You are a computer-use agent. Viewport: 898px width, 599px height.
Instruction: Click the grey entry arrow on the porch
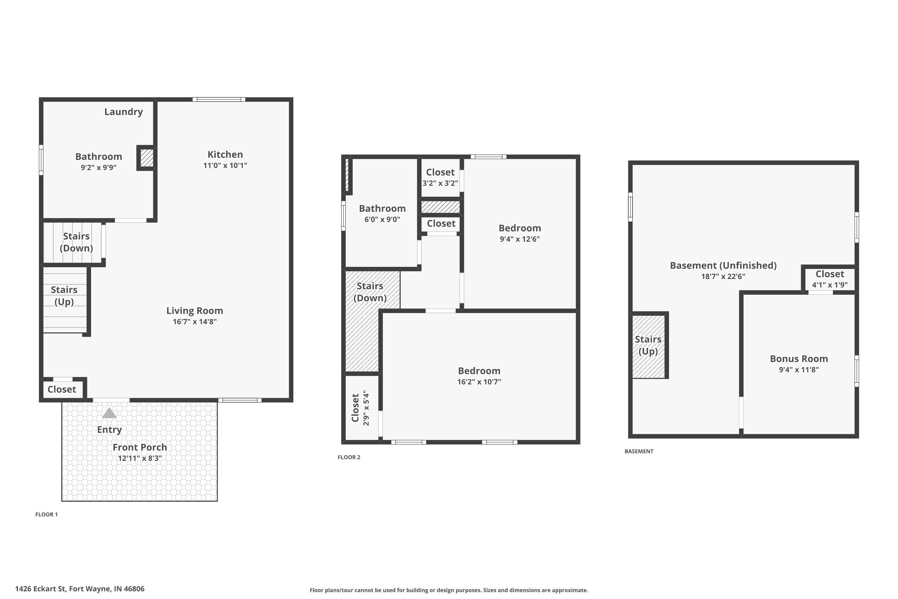109,413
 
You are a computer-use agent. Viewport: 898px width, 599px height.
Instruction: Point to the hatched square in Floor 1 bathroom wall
147,158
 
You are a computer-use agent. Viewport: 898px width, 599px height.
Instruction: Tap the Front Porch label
140,447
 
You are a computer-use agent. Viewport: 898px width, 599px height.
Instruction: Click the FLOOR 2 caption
349,457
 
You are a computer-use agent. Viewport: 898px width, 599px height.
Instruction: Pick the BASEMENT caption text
639,451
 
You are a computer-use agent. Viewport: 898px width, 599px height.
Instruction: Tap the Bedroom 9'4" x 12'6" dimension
520,239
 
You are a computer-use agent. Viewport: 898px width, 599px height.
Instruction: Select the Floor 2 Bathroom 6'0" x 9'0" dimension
382,220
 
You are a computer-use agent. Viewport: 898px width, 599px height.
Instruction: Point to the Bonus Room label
799,359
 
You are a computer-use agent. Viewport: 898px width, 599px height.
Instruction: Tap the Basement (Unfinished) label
723,265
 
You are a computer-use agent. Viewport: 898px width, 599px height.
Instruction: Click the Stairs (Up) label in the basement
648,345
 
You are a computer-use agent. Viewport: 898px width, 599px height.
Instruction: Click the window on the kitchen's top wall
219,100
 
